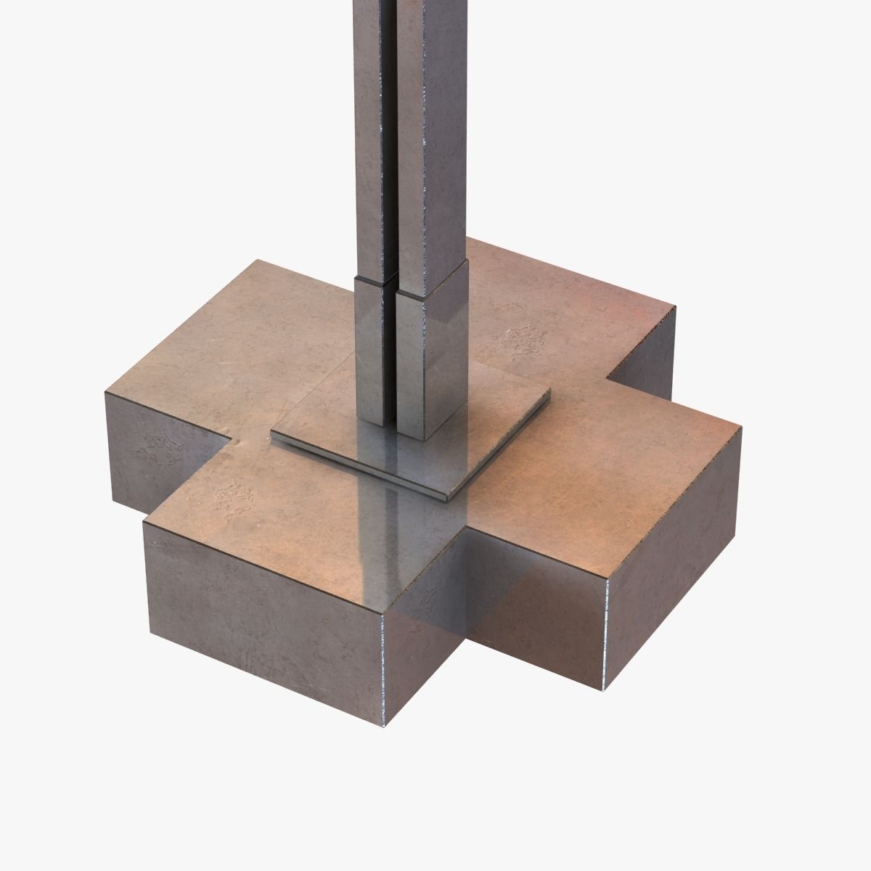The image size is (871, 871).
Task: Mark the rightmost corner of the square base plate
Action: pos(550,396)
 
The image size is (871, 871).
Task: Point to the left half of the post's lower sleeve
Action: pos(372,348)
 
